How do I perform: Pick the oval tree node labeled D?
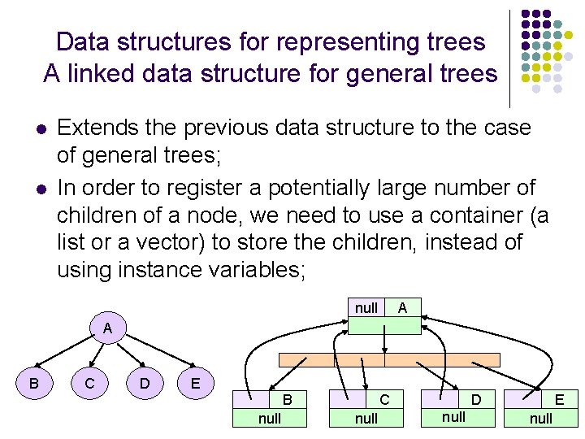tap(144, 383)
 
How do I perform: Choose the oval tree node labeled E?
tap(195, 383)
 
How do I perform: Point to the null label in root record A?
tap(366, 308)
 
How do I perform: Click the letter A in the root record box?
tap(402, 307)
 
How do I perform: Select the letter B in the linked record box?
tap(287, 400)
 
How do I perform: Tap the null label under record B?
tap(270, 419)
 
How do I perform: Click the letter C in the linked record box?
tap(384, 400)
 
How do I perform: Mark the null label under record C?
tap(366, 419)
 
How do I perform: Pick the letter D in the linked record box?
tap(477, 399)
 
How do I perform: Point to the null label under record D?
tap(453, 417)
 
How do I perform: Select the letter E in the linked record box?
tap(559, 400)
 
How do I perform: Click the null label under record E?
tap(540, 419)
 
